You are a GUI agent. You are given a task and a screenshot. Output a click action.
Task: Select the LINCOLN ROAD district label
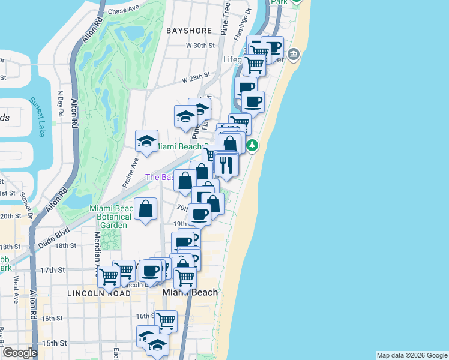(99, 293)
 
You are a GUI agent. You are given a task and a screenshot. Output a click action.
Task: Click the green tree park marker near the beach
(253, 145)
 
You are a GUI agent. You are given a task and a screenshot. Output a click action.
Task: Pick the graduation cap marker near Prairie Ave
(146, 142)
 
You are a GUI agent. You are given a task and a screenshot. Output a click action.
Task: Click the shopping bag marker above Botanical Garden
(146, 209)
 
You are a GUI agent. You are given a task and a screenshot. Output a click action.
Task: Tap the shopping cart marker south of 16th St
(166, 321)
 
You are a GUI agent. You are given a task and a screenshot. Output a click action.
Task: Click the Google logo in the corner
(20, 353)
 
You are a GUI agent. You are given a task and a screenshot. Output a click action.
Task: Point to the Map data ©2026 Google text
(412, 355)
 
